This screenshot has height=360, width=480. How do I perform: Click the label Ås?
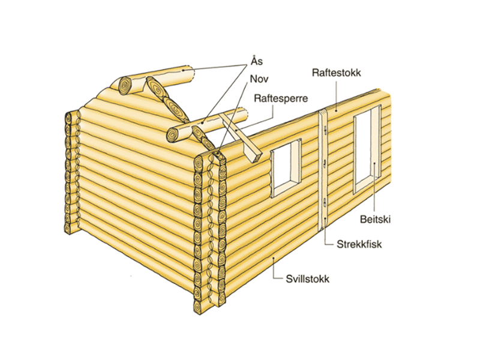pyautogui.click(x=257, y=61)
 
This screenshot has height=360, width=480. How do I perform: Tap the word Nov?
pyautogui.click(x=259, y=79)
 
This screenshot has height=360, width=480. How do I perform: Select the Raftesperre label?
pyautogui.click(x=281, y=98)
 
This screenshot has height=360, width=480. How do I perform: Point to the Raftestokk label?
pyautogui.click(x=336, y=73)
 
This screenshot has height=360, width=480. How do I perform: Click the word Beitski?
pyautogui.click(x=376, y=219)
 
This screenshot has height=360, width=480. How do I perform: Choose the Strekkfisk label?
pyautogui.click(x=359, y=244)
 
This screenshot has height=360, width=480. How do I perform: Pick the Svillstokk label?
pyautogui.click(x=308, y=278)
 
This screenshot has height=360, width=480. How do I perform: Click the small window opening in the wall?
pyautogui.click(x=286, y=168)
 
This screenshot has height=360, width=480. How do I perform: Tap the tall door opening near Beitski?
pyautogui.click(x=367, y=149)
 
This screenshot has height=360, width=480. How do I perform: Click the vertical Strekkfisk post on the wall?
pyautogui.click(x=322, y=170)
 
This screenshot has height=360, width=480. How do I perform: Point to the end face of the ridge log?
pyautogui.click(x=125, y=85)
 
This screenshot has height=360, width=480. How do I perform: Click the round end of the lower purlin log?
pyautogui.click(x=173, y=134)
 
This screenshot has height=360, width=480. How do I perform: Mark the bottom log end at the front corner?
pyautogui.click(x=199, y=307)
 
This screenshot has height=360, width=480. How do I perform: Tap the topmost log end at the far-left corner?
pyautogui.click(x=68, y=118)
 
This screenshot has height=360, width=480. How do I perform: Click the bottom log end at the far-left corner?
pyautogui.click(x=68, y=229)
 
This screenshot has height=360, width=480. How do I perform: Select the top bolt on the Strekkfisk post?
pyautogui.click(x=325, y=131)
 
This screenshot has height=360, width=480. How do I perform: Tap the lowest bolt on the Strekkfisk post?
pyautogui.click(x=324, y=202)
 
